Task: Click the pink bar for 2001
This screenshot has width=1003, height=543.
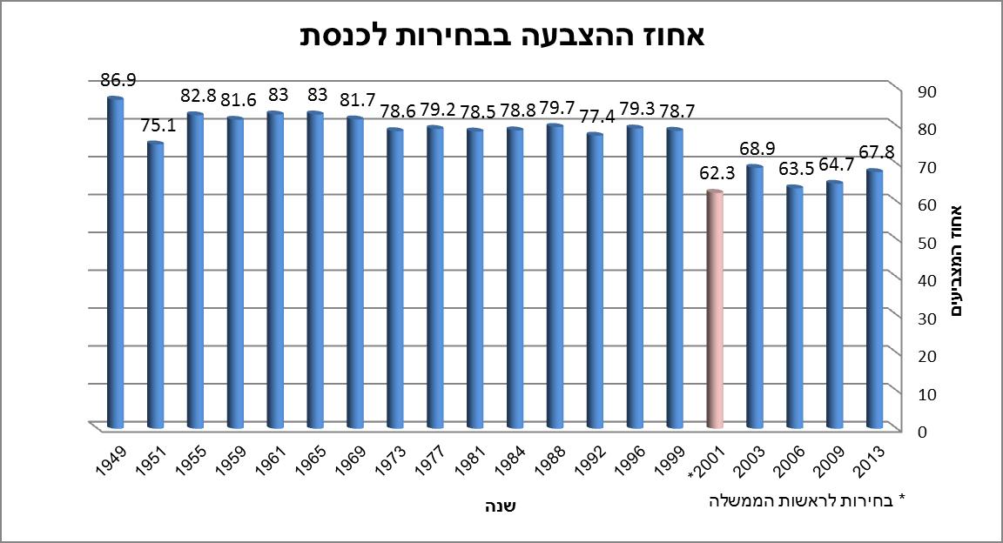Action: pyautogui.click(x=714, y=309)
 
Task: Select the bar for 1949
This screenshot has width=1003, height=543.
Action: pyautogui.click(x=114, y=261)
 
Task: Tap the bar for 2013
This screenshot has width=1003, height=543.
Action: pyautogui.click(x=874, y=298)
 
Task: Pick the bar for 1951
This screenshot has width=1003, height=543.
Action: pyautogui.click(x=154, y=285)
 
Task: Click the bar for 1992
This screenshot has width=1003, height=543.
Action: pyautogui.click(x=594, y=280)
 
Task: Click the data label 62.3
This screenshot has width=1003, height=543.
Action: pyautogui.click(x=718, y=173)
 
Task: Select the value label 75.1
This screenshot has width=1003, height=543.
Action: pyautogui.click(x=158, y=125)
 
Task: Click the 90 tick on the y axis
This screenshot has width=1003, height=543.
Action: pyautogui.click(x=918, y=90)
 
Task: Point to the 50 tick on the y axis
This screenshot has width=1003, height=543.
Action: pyautogui.click(x=918, y=241)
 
